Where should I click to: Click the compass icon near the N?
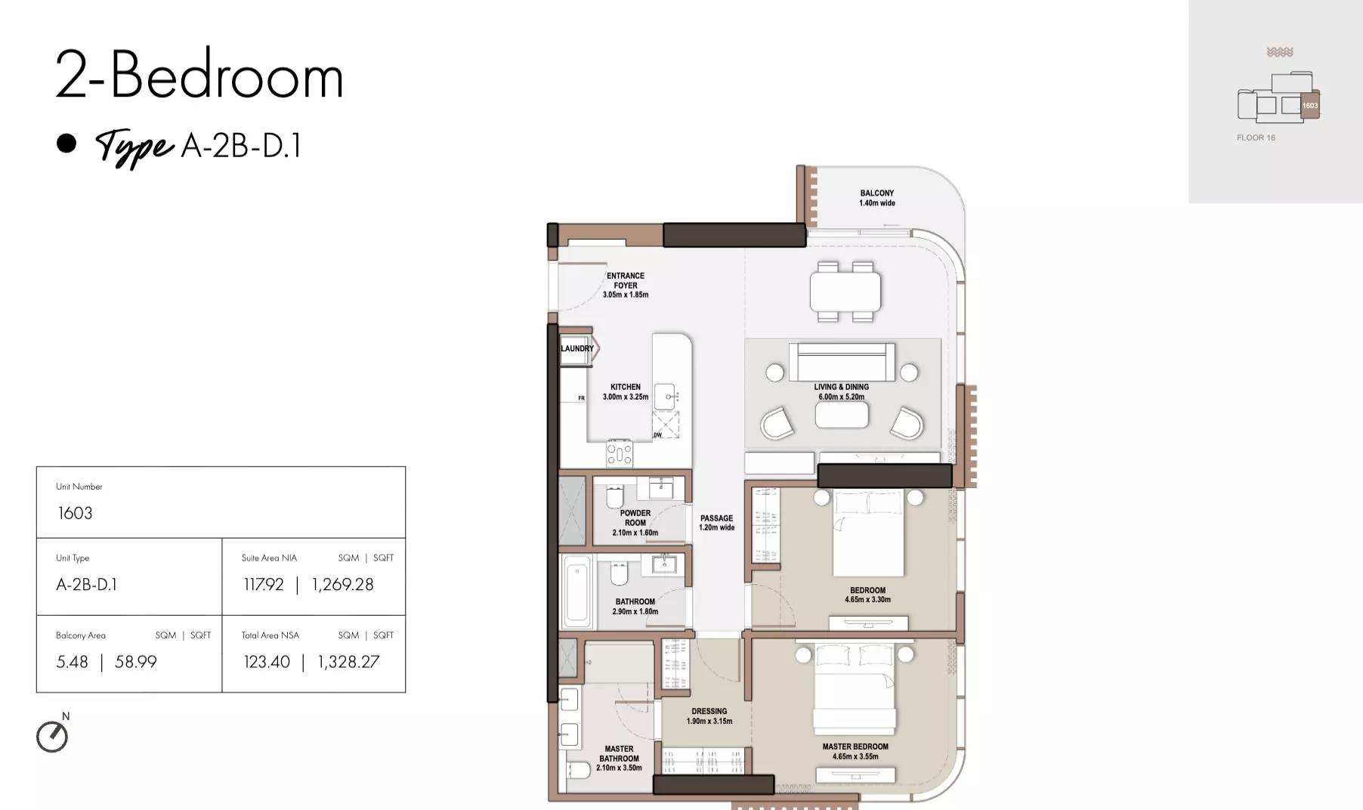point(52,737)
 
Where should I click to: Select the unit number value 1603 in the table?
point(75,514)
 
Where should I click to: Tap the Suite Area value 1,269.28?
point(342,585)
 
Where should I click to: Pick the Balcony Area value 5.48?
point(72,662)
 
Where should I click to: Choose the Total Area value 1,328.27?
point(348,663)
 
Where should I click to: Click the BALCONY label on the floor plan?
point(876,193)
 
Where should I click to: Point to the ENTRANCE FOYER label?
point(626,280)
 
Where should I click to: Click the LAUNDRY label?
point(576,349)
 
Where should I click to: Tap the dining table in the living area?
point(845,292)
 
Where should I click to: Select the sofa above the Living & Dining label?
point(842,363)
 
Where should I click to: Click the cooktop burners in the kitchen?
point(620,453)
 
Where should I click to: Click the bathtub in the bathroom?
point(576,592)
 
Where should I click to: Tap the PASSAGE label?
point(716,518)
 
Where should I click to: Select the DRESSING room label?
point(709,711)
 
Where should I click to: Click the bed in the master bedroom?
point(855,688)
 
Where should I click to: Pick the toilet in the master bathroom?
point(579,770)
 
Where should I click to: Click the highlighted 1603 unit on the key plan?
point(1309,106)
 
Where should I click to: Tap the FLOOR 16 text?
point(1256,138)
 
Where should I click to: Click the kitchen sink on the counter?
point(665,396)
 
